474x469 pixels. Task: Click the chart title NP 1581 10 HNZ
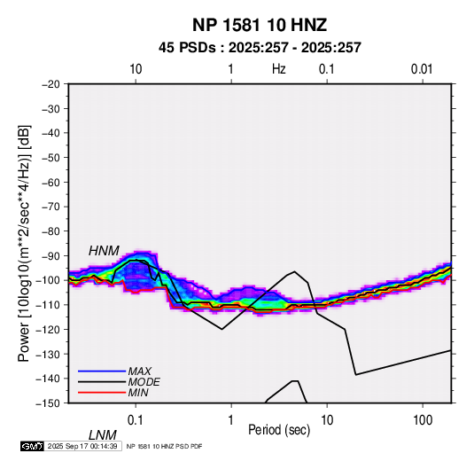pyautogui.click(x=260, y=25)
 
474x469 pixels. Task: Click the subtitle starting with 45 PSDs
pyautogui.click(x=260, y=48)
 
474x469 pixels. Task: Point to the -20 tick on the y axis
pyautogui.click(x=51, y=84)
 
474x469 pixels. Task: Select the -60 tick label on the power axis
pyautogui.click(x=51, y=182)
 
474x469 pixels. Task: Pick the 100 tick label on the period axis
pyautogui.click(x=423, y=420)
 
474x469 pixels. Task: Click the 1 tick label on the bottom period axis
pyautogui.click(x=231, y=420)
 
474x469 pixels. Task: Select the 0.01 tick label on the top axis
pyautogui.click(x=422, y=69)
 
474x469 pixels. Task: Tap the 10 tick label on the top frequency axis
pyautogui.click(x=136, y=69)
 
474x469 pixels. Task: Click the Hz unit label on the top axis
pyautogui.click(x=279, y=69)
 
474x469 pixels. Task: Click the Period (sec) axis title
pyautogui.click(x=279, y=430)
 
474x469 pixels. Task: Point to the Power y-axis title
pyautogui.click(x=24, y=244)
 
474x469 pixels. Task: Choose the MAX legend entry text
pyautogui.click(x=140, y=371)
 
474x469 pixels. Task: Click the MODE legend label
pyautogui.click(x=144, y=382)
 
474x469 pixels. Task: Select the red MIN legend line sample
pyautogui.click(x=102, y=393)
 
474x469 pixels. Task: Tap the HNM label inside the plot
pyautogui.click(x=104, y=251)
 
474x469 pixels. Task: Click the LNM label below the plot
pyautogui.click(x=103, y=435)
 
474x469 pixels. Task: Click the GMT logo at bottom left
pyautogui.click(x=32, y=446)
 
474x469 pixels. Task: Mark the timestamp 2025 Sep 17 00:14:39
pyautogui.click(x=82, y=446)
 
